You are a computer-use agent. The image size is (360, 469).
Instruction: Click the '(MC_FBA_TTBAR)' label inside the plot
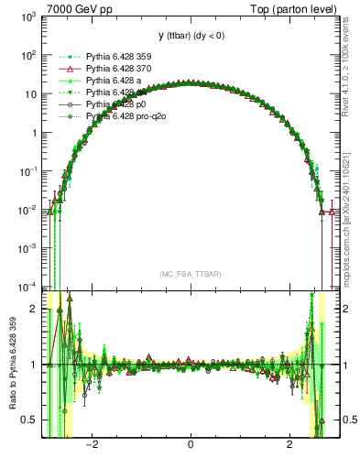[190, 275]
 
